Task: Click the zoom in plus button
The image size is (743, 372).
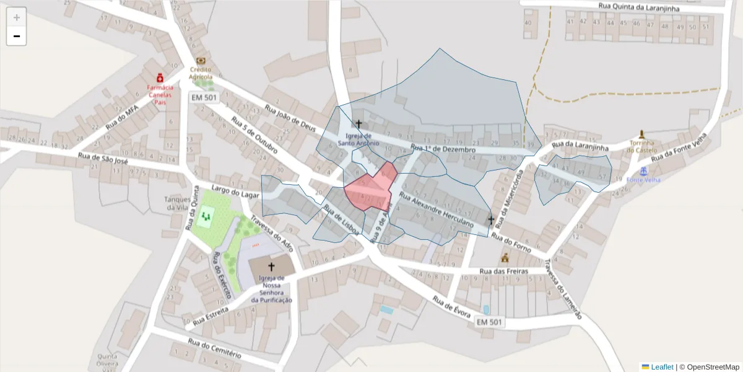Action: pyautogui.click(x=17, y=17)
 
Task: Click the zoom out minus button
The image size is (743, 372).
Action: pyautogui.click(x=17, y=36)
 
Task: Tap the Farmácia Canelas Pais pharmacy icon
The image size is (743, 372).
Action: pyautogui.click(x=160, y=77)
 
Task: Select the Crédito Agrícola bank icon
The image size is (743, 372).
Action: pyautogui.click(x=201, y=61)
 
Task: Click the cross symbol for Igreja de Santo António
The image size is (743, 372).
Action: pyautogui.click(x=358, y=124)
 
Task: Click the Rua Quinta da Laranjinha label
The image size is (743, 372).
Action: pyautogui.click(x=639, y=7)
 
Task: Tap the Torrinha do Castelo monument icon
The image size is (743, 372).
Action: pyautogui.click(x=641, y=134)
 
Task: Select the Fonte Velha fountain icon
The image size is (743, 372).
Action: pyautogui.click(x=643, y=170)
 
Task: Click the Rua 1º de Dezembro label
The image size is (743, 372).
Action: pyautogui.click(x=442, y=149)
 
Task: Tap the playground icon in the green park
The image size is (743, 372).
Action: pyautogui.click(x=206, y=216)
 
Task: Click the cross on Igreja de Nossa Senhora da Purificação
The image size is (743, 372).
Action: pyautogui.click(x=271, y=267)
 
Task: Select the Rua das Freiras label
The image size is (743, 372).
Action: pyautogui.click(x=503, y=272)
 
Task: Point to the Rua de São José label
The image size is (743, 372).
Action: pyautogui.click(x=103, y=160)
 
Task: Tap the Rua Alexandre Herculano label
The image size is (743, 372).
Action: pyautogui.click(x=436, y=211)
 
